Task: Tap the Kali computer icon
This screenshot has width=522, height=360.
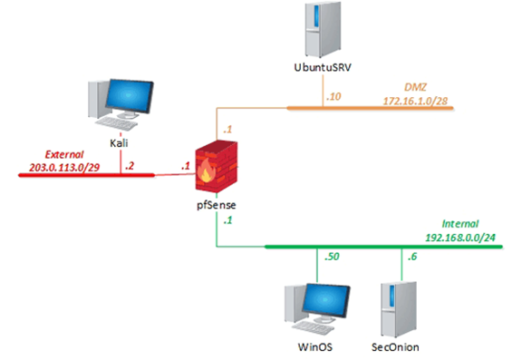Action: (x=111, y=103)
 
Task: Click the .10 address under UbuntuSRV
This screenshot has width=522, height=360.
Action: (x=334, y=96)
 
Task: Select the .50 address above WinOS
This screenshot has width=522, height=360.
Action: (x=333, y=259)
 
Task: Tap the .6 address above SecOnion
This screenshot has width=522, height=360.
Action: (x=411, y=259)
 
